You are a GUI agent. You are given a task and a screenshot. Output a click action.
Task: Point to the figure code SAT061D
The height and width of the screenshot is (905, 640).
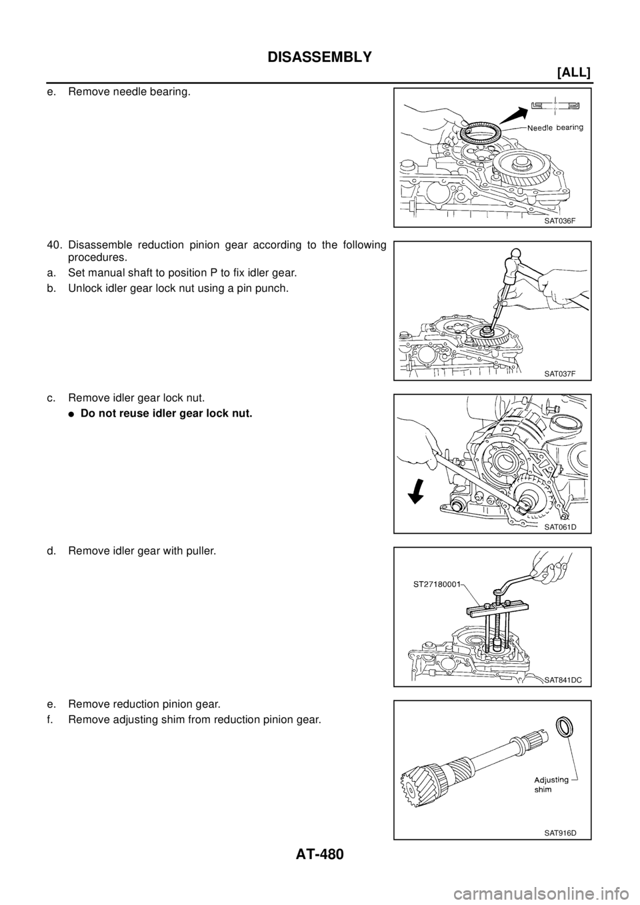click(x=559, y=526)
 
